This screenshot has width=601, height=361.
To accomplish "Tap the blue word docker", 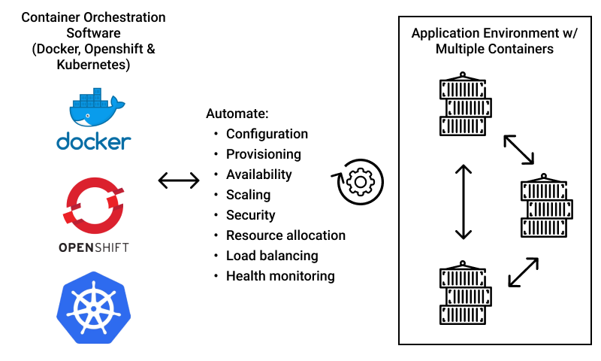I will pyautogui.click(x=94, y=141).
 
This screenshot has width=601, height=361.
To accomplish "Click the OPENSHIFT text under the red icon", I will pyautogui.click(x=94, y=247).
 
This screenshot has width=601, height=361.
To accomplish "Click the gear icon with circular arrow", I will pyautogui.click(x=359, y=181).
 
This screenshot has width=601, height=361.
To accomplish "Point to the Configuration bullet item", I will pyautogui.click(x=267, y=134).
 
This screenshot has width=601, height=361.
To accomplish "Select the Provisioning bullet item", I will pyautogui.click(x=263, y=154).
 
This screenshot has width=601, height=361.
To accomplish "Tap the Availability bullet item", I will pyautogui.click(x=258, y=174).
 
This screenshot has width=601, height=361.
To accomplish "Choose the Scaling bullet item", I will pyautogui.click(x=248, y=195).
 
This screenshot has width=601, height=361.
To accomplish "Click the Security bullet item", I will pyautogui.click(x=250, y=215).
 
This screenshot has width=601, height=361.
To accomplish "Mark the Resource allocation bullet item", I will pyautogui.click(x=285, y=235).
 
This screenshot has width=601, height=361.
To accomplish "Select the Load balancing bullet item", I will pyautogui.click(x=272, y=256).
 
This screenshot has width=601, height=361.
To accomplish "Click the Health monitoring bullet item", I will pyautogui.click(x=280, y=276).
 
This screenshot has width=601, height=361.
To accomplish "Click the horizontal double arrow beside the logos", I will pyautogui.click(x=179, y=180).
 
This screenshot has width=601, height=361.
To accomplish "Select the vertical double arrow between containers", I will pyautogui.click(x=463, y=202).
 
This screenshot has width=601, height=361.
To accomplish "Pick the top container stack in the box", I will pyautogui.click(x=464, y=105).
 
